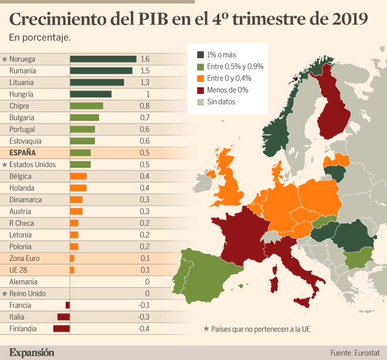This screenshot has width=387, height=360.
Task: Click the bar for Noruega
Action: click(103, 59)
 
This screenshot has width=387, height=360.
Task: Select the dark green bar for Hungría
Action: click(90, 94)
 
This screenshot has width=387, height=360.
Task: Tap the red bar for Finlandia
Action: click(62, 328)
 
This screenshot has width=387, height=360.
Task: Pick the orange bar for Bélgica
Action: click(78, 176)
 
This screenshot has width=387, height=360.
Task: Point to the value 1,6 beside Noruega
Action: click(145, 59)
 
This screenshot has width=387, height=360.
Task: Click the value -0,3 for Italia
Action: click(144, 317)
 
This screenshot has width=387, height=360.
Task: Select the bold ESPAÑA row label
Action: click(23, 152)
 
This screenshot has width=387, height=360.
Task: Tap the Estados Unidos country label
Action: click(33, 164)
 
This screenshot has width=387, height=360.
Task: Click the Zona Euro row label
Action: click(25, 258)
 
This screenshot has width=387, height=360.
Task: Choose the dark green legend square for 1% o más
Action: click(201, 55)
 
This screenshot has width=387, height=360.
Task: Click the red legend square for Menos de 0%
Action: click(201, 90)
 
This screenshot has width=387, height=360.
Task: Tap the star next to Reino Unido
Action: click(4, 293)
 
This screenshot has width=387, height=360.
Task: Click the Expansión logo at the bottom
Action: click(32, 352)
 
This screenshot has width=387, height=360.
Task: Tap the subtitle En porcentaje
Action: click(40, 38)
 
